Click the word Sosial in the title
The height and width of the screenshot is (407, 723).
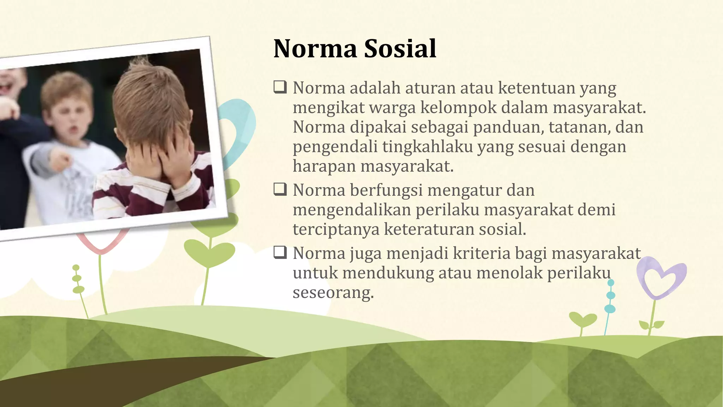(400, 49)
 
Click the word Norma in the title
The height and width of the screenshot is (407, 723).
(315, 49)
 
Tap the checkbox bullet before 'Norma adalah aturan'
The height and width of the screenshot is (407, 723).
(280, 87)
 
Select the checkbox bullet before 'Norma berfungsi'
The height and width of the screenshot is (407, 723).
(280, 190)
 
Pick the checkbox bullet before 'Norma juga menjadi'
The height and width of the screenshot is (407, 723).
(280, 253)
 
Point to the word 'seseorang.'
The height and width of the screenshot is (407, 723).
(333, 293)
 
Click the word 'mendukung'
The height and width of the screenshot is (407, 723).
(388, 273)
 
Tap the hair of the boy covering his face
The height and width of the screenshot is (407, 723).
(152, 95)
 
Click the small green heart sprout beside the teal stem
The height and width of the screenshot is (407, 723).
(582, 320)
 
